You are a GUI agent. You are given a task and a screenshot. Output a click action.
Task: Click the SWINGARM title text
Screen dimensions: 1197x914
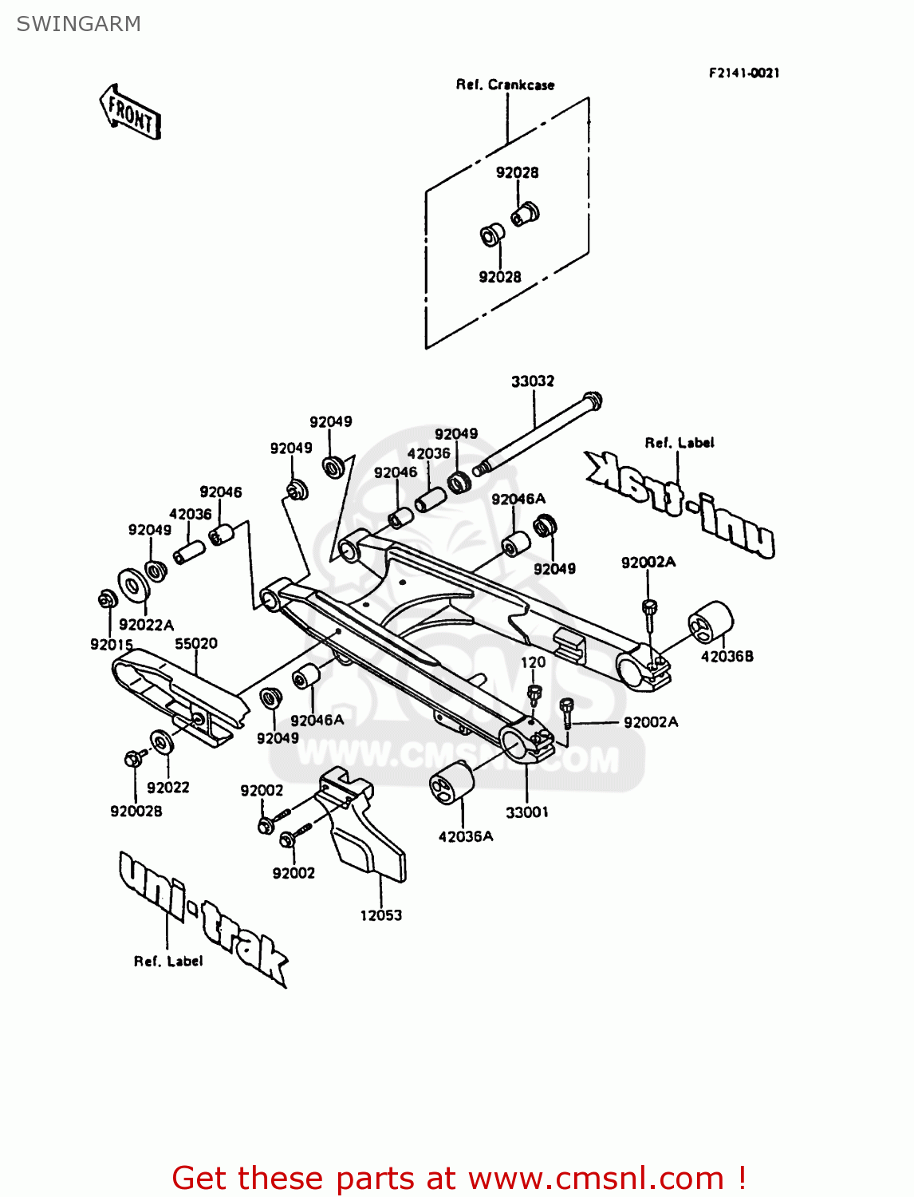point(78,24)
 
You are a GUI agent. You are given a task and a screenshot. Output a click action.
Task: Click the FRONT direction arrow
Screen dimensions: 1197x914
point(130,113)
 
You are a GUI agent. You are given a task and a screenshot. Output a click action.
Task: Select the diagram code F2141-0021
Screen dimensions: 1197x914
point(743,73)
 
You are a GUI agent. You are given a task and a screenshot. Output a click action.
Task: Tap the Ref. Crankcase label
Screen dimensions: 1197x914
point(505,85)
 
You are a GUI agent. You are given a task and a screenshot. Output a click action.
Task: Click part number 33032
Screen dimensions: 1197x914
point(532,381)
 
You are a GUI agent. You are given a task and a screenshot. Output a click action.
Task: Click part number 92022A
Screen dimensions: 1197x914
point(146,625)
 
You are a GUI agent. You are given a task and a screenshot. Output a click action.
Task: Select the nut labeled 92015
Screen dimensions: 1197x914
point(105,598)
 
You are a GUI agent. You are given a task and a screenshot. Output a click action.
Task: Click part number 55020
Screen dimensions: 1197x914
point(196,643)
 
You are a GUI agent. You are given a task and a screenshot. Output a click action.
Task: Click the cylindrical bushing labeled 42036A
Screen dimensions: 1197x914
point(451,784)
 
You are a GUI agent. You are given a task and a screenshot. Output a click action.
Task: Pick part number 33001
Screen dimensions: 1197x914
point(526,812)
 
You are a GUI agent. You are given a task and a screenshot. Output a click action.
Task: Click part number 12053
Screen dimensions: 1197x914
point(380,915)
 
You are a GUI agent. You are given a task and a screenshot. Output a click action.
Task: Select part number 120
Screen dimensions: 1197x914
point(533,662)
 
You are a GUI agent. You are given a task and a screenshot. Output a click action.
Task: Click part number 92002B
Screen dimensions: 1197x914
point(136,811)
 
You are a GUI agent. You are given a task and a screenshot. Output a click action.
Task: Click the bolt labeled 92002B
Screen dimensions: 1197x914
point(134,757)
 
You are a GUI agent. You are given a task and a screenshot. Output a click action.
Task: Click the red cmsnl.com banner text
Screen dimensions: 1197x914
point(459,1178)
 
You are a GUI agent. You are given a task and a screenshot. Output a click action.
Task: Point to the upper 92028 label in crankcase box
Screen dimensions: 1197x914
point(517,172)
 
